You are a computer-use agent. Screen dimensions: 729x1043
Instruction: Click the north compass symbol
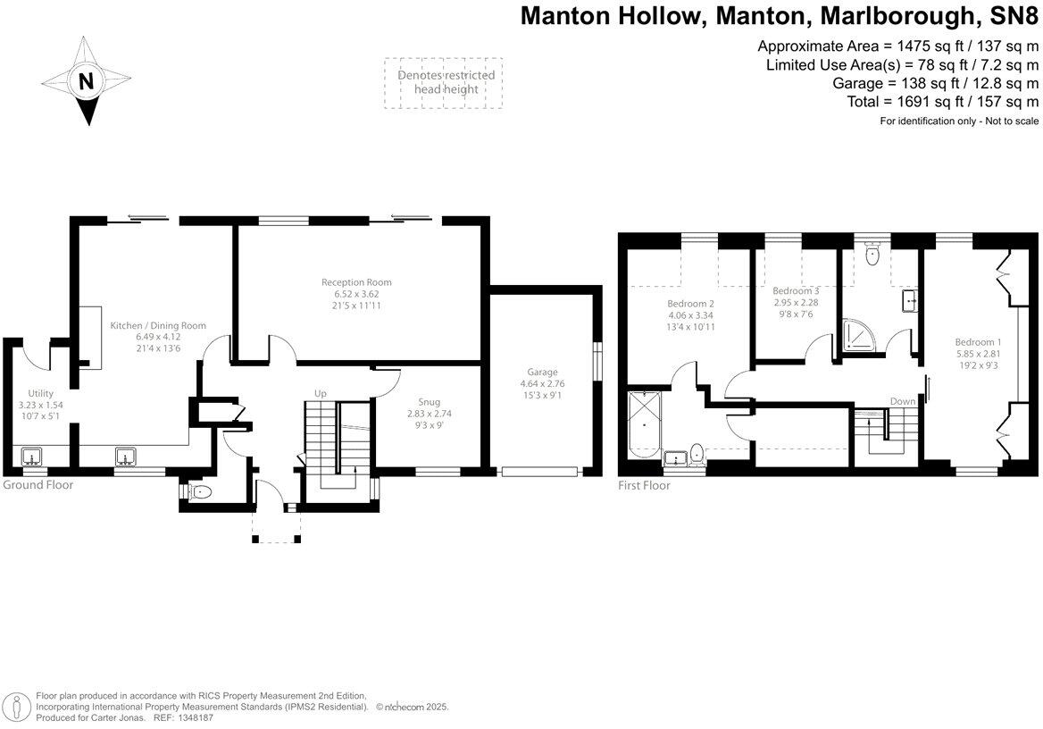(x=87, y=80)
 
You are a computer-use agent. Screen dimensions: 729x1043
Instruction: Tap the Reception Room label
(x=356, y=283)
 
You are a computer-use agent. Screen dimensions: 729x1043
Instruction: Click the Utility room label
(x=40, y=394)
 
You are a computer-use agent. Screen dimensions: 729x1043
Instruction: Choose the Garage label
(x=542, y=373)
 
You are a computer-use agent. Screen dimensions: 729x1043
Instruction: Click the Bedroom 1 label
(x=978, y=342)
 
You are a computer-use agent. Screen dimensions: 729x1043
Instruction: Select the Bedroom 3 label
(x=796, y=291)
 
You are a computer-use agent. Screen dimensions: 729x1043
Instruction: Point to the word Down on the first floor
(x=903, y=402)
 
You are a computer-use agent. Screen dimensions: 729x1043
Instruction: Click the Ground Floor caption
(x=38, y=485)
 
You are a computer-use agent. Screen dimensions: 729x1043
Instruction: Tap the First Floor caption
(x=644, y=486)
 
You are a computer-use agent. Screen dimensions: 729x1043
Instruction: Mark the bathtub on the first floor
(x=645, y=426)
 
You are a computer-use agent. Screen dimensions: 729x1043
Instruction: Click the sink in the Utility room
(x=34, y=458)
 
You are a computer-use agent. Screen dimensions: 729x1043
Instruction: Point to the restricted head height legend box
(x=445, y=83)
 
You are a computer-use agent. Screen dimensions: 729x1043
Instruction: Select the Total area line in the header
(x=942, y=102)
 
